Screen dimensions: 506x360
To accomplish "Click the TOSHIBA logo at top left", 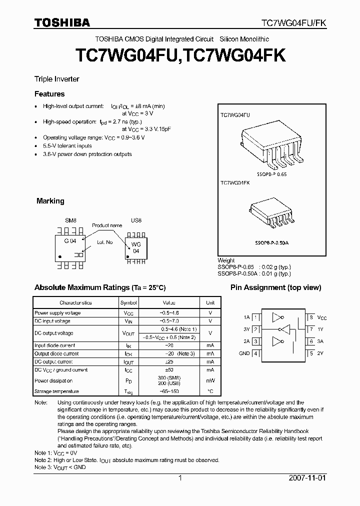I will (61, 22).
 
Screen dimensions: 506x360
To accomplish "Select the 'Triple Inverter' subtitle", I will (56, 79).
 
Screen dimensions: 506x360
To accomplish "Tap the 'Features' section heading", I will (49, 94).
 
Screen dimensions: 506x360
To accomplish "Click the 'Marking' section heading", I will (50, 201).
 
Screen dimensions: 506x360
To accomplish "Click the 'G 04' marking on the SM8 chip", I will (69, 241).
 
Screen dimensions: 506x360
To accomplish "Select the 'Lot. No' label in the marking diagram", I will (105, 242).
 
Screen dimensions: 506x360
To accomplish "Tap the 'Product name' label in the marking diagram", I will (107, 225).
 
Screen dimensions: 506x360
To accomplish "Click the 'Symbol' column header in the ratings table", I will (128, 303).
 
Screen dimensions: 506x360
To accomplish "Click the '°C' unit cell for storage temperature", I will (210, 391).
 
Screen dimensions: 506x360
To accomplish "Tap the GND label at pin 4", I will (244, 353).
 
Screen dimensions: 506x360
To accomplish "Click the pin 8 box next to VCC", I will (311, 317).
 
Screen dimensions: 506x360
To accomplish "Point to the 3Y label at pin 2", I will (246, 329).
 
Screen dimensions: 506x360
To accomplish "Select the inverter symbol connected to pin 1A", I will (276, 317).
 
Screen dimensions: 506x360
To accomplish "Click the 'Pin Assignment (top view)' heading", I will (268, 287).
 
